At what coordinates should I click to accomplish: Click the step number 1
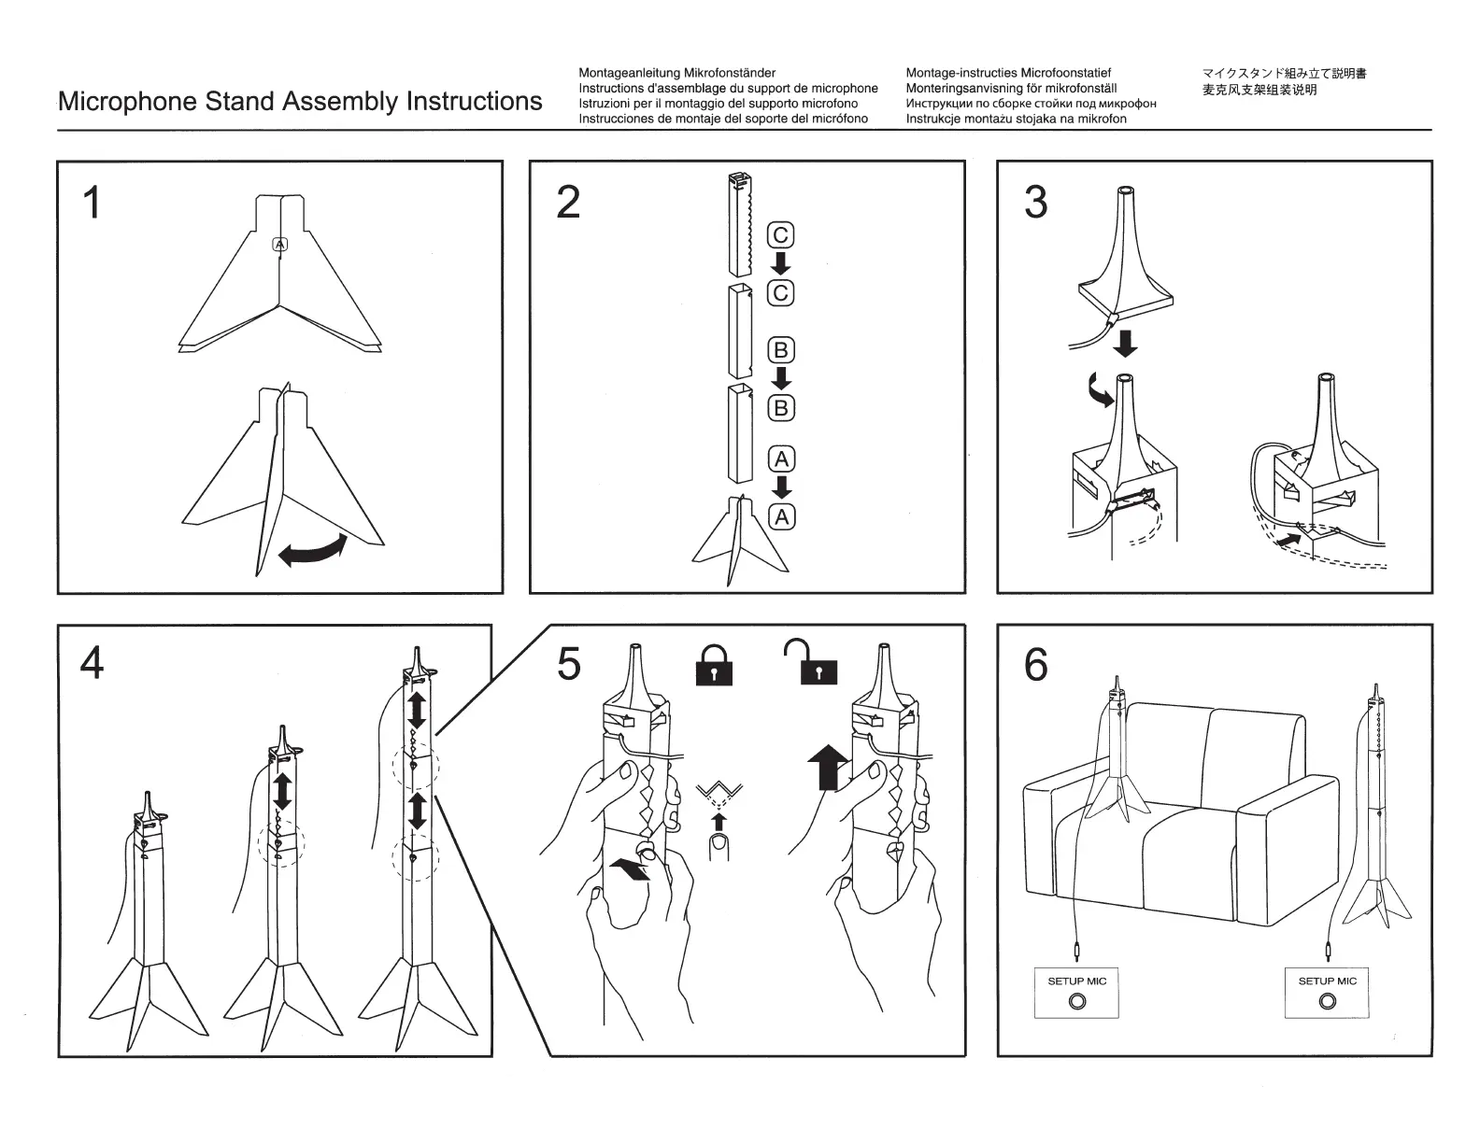(x=92, y=203)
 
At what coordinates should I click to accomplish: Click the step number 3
(x=1035, y=203)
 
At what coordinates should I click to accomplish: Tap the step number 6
(x=1035, y=665)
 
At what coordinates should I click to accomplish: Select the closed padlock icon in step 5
(x=714, y=666)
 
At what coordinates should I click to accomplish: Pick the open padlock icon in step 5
(x=812, y=663)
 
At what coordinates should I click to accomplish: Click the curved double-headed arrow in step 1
(x=312, y=549)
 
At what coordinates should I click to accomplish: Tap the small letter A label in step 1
(x=280, y=245)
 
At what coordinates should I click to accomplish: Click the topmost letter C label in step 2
(x=781, y=234)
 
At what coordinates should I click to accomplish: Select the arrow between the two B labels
(x=781, y=378)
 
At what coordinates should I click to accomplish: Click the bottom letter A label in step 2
(x=782, y=516)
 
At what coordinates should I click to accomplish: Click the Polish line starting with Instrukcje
(x=1016, y=119)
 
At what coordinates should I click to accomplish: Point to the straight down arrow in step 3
(x=1125, y=342)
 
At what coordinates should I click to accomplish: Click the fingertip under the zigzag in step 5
(x=719, y=847)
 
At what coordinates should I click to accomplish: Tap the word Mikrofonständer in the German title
(x=730, y=73)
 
